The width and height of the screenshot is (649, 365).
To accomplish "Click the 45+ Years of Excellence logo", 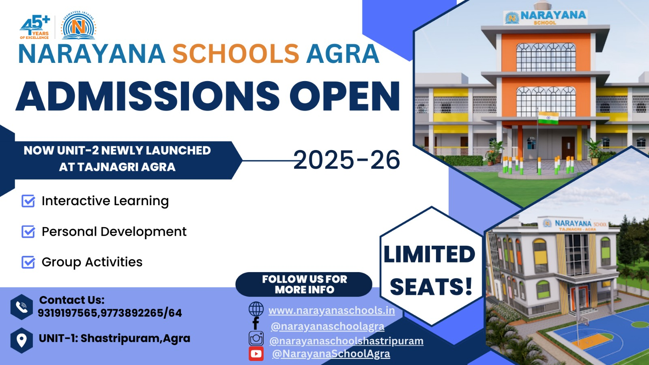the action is point(35,27).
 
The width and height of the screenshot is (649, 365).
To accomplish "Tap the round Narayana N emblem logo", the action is point(79,26).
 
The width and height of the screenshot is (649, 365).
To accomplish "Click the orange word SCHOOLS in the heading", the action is point(236,54).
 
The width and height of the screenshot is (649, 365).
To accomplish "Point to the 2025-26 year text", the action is point(346,160).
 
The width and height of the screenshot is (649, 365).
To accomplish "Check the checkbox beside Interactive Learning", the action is point(28,201).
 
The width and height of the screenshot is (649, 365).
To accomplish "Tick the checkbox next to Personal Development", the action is point(28,232).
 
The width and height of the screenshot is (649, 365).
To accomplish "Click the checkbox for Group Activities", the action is point(28,262).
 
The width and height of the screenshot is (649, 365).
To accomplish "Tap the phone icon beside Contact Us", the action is point(22,307).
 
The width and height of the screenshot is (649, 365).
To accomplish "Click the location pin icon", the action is point(22,340).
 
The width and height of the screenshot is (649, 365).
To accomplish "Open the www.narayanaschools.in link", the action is point(331,311).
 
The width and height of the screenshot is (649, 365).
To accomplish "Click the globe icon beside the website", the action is point(256,309).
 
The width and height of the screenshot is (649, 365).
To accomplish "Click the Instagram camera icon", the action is point(256,338).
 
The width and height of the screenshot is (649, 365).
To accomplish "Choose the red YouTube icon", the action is point(256,354).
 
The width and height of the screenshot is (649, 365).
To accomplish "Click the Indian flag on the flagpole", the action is point(548,118).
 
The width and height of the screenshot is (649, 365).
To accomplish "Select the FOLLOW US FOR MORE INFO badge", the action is point(304,284).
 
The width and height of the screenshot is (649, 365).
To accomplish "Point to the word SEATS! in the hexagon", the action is point(431,286).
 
